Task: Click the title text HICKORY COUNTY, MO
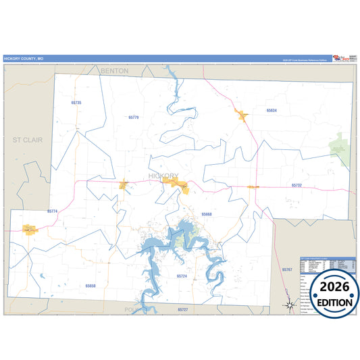coord(24,59)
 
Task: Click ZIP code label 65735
coord(76,103)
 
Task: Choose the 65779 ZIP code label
coord(133,118)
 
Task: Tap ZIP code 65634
coord(272,109)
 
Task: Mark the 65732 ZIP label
coord(297,184)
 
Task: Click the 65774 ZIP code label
coord(53,211)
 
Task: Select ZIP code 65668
coord(207,214)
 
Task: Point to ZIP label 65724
coord(182,276)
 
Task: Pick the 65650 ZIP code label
coord(91,286)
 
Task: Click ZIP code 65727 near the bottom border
coord(182,309)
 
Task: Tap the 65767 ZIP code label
coord(287,269)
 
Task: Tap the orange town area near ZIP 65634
coord(241,114)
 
